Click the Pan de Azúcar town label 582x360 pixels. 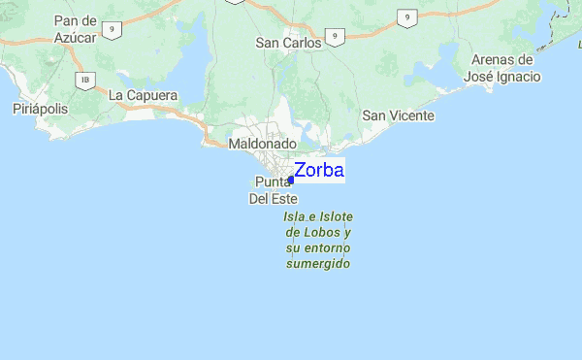(75, 28)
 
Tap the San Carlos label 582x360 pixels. (288, 43)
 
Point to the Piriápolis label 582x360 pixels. (40, 109)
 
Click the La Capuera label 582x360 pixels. (143, 95)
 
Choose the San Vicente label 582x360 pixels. (398, 115)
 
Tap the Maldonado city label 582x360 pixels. (261, 144)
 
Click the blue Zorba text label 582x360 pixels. (318, 170)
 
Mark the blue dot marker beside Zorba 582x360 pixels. (291, 180)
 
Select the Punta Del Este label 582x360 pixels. (273, 189)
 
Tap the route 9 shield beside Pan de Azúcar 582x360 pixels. (114, 31)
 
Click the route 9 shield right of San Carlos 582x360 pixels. (334, 36)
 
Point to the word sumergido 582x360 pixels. (318, 264)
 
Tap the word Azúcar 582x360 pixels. (76, 36)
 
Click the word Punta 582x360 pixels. (274, 181)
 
